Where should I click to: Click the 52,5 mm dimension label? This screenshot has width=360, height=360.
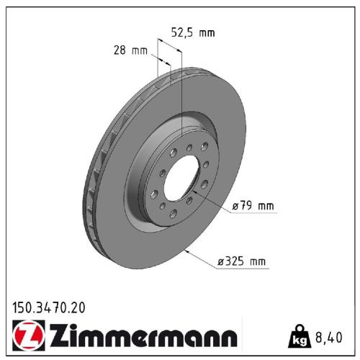[193, 32]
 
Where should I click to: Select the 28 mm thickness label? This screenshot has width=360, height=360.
[130, 50]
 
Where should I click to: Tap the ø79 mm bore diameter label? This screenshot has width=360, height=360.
[253, 207]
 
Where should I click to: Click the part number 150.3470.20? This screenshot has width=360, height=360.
[49, 307]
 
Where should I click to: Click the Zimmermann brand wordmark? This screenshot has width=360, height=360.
[141, 336]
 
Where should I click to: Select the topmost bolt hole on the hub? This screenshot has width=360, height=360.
[189, 148]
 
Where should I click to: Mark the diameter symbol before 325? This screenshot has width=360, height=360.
[222, 262]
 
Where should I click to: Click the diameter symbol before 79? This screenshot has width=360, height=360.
[235, 207]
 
